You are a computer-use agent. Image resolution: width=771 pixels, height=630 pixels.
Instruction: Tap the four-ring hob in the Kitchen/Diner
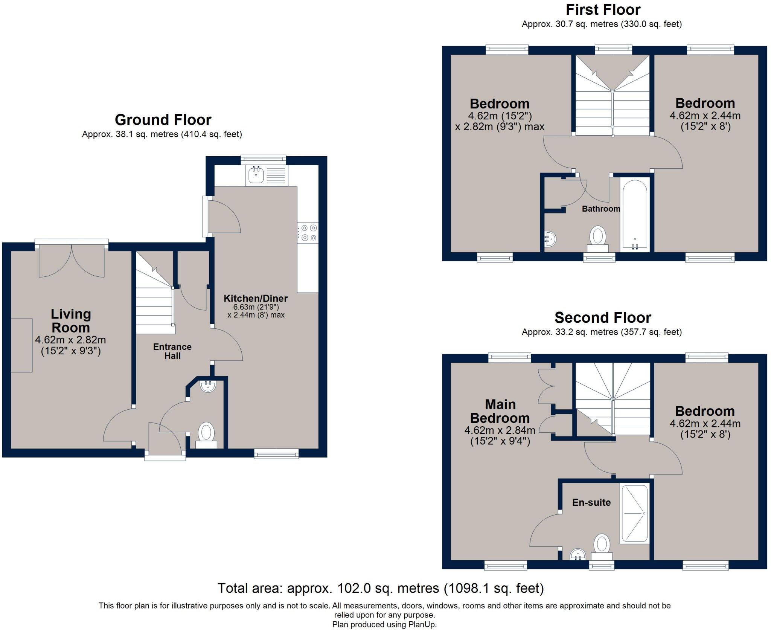(308, 233)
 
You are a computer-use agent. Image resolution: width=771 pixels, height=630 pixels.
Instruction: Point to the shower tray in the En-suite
(635, 513)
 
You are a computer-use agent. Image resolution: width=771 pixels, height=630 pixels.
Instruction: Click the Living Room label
(71, 320)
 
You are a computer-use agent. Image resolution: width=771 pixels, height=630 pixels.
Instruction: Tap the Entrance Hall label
(172, 351)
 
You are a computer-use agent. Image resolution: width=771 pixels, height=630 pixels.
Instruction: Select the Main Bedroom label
(500, 411)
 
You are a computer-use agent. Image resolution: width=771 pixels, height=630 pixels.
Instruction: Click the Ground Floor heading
(163, 120)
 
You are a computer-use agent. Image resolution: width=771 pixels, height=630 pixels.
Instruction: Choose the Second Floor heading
(603, 318)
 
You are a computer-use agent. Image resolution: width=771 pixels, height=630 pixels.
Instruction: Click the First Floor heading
(603, 9)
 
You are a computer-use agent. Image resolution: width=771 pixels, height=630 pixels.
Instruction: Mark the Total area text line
(381, 588)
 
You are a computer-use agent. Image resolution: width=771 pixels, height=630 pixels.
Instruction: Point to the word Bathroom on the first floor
(601, 209)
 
